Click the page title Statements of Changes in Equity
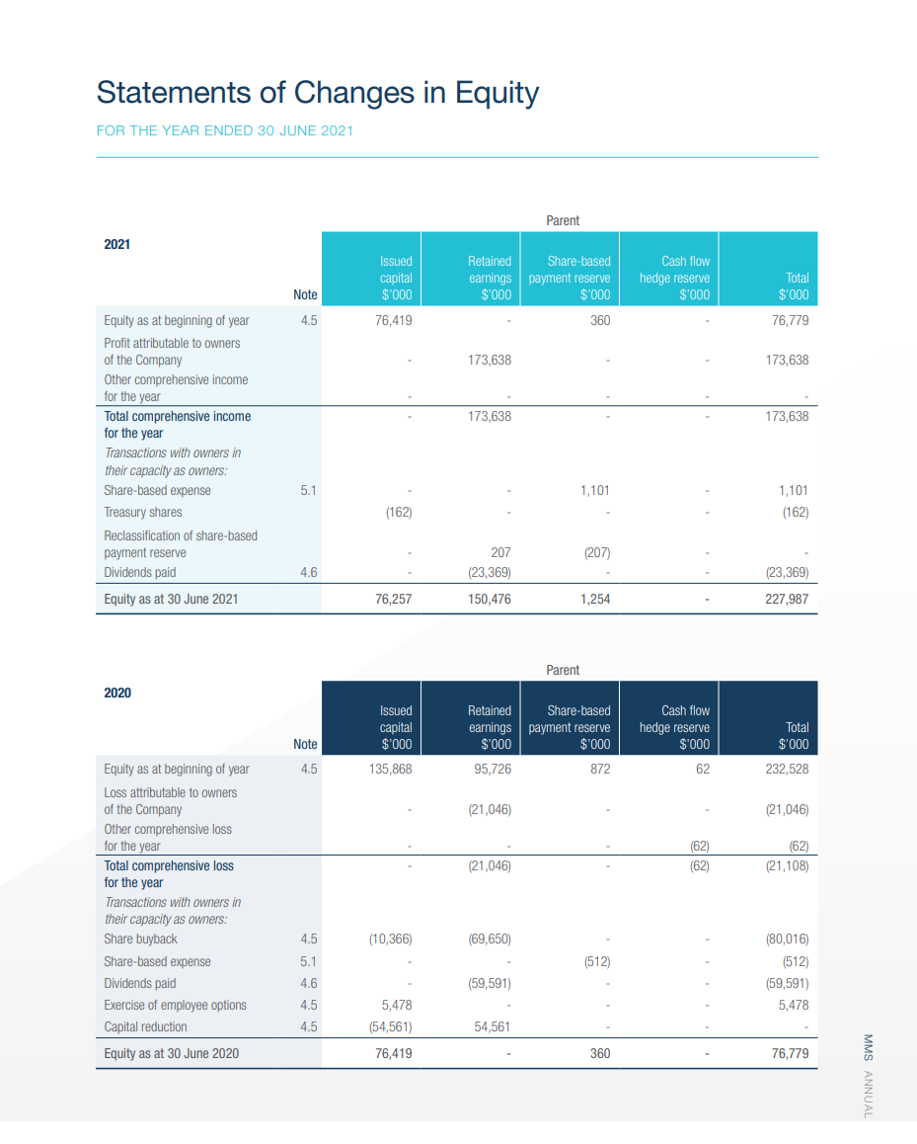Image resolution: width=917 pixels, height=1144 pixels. tap(317, 93)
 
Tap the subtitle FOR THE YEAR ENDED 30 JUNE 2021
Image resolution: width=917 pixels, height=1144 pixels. tap(224, 130)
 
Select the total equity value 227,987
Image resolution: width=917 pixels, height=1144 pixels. tap(787, 599)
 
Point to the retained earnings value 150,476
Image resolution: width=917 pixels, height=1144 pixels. tap(490, 599)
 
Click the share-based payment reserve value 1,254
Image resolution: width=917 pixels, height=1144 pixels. tap(594, 599)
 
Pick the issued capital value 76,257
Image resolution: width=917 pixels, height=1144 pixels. tap(394, 599)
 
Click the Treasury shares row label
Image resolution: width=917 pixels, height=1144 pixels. tap(143, 512)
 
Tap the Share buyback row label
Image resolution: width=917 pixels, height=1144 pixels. tap(141, 939)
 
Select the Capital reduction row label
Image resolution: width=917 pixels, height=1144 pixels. tap(145, 1026)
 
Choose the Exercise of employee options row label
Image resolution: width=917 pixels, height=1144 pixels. tap(176, 1005)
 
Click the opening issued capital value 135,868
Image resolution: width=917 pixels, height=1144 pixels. tap(391, 769)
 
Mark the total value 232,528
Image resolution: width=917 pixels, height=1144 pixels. tap(786, 769)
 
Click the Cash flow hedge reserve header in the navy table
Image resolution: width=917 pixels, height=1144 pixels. tap(674, 727)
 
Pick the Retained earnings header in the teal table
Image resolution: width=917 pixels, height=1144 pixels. tap(490, 278)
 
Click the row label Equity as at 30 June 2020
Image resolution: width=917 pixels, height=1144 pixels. tap(172, 1053)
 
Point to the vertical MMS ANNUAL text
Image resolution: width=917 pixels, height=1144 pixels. tap(868, 1076)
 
